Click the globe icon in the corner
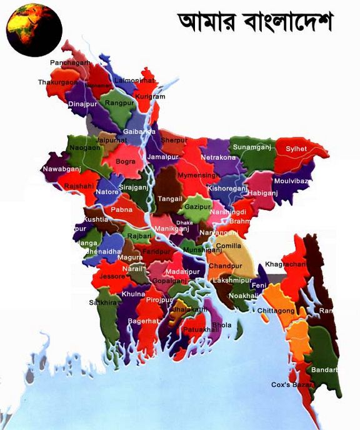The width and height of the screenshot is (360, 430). point(34,29)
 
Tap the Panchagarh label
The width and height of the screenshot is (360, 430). point(70,63)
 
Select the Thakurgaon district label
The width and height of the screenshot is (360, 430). point(57,82)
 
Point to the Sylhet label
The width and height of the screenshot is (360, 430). point(296,149)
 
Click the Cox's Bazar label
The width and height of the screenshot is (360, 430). point(291,384)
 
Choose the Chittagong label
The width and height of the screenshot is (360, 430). point(275,311)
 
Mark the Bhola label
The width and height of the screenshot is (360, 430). point(222,325)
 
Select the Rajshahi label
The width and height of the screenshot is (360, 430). point(78,186)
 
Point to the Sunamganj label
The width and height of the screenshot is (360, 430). point(249,147)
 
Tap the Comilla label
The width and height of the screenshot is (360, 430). point(228,246)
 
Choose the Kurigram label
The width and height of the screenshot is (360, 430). point(150,97)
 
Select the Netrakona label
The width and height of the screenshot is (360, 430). point(219,157)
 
